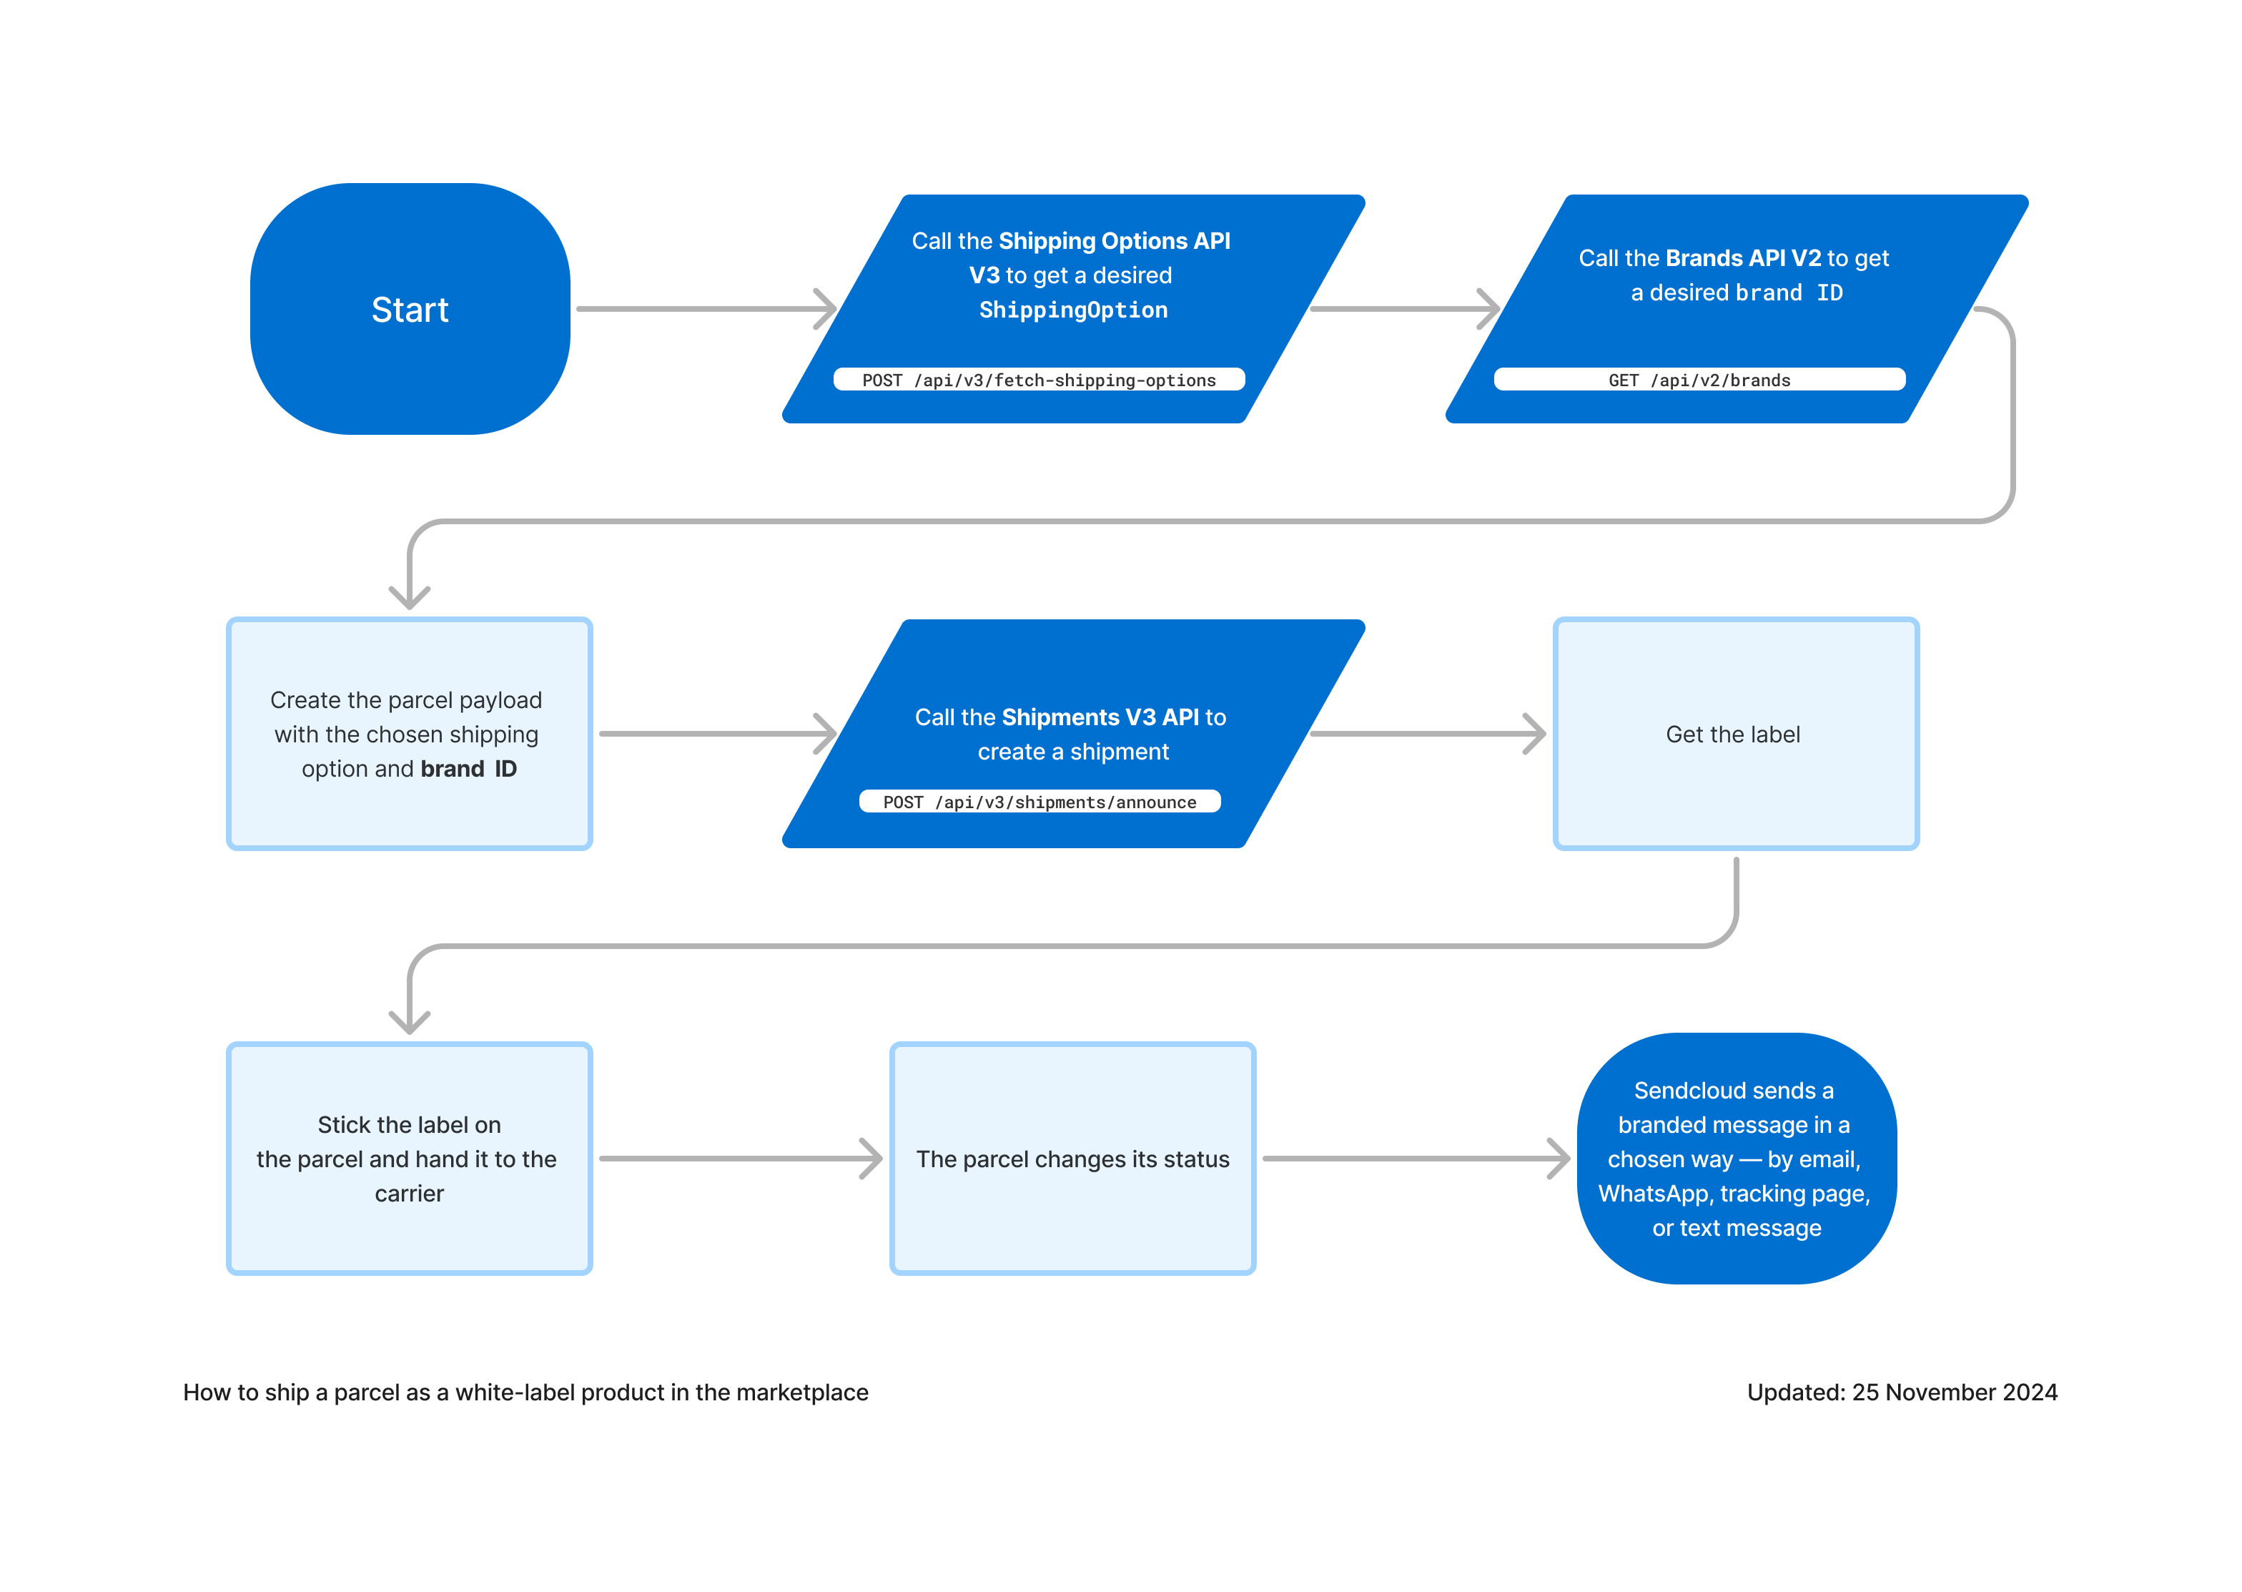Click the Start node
pyautogui.click(x=410, y=309)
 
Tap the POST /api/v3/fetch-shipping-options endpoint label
pyautogui.click(x=1039, y=380)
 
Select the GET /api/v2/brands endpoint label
pyautogui.click(x=1699, y=380)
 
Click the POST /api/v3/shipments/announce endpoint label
pyautogui.click(x=1039, y=802)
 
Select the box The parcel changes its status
pyautogui.click(x=1072, y=1159)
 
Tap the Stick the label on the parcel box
pyautogui.click(x=409, y=1159)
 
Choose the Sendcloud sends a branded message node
pyautogui.click(x=1735, y=1159)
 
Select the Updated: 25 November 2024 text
pyautogui.click(x=1901, y=1392)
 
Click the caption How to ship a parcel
pyautogui.click(x=525, y=1392)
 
